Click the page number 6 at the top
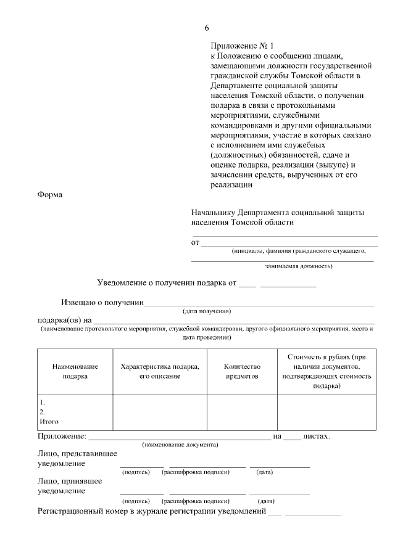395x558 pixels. pos(207,28)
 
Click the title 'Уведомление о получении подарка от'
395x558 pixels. pos(167,283)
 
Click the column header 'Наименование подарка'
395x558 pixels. pos(75,371)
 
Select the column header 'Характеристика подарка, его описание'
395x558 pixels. pos(160,371)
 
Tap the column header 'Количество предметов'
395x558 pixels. pos(242,371)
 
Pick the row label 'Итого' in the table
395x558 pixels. pos(49,422)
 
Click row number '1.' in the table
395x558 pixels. pos(43,402)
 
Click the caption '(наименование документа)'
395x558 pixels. pos(180,445)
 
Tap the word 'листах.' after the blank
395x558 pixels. pos(317,437)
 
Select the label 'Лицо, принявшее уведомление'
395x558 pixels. pos(69,486)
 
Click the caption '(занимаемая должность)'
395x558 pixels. pos(299,267)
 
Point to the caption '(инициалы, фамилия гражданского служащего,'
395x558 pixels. pos(299,251)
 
